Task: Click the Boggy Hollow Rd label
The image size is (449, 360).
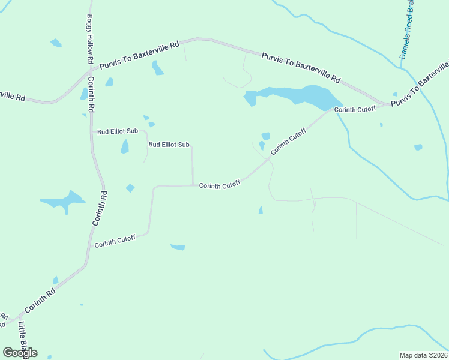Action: click(x=90, y=39)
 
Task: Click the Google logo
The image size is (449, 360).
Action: click(x=20, y=352)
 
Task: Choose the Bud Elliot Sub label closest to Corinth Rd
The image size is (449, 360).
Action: click(x=118, y=131)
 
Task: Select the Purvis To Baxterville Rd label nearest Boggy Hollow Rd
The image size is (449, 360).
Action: click(x=139, y=55)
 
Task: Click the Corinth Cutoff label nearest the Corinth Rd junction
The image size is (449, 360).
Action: click(x=115, y=241)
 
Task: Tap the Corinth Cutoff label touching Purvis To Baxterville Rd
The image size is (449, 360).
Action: click(x=354, y=109)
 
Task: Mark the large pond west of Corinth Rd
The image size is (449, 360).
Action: click(x=64, y=200)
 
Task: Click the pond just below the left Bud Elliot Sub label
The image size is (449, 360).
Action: click(x=125, y=146)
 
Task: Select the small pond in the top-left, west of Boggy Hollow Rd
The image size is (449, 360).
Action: click(x=56, y=43)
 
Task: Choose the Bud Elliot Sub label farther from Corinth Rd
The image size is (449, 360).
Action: click(x=169, y=145)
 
